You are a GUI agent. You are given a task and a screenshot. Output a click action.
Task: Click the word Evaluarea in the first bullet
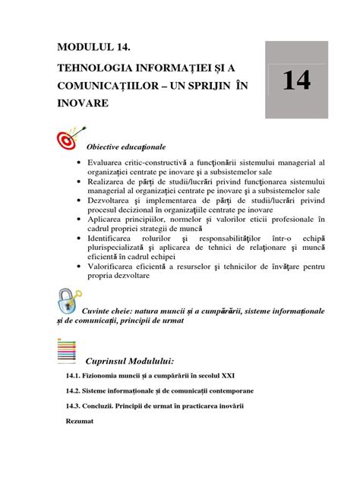tap(111, 163)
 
